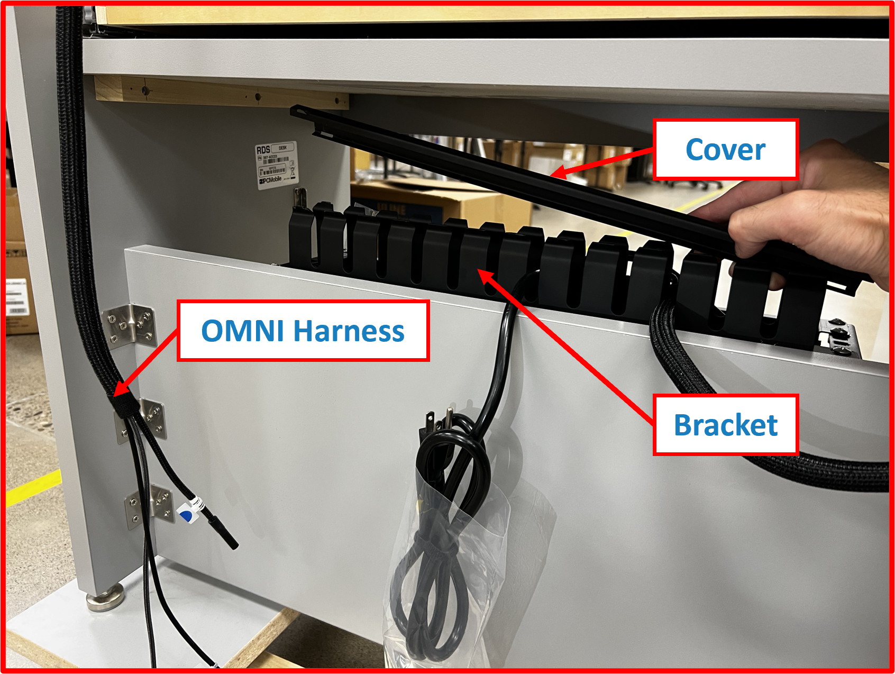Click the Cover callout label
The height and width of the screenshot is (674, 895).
(x=725, y=150)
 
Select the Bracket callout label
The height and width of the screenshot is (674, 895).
(x=725, y=425)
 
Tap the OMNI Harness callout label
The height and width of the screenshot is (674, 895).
(x=303, y=331)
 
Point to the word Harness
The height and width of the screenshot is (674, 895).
(x=349, y=331)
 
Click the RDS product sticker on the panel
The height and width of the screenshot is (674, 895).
(x=276, y=165)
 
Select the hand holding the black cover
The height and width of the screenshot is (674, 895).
(x=809, y=212)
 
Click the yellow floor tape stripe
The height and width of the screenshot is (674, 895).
(x=32, y=487)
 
